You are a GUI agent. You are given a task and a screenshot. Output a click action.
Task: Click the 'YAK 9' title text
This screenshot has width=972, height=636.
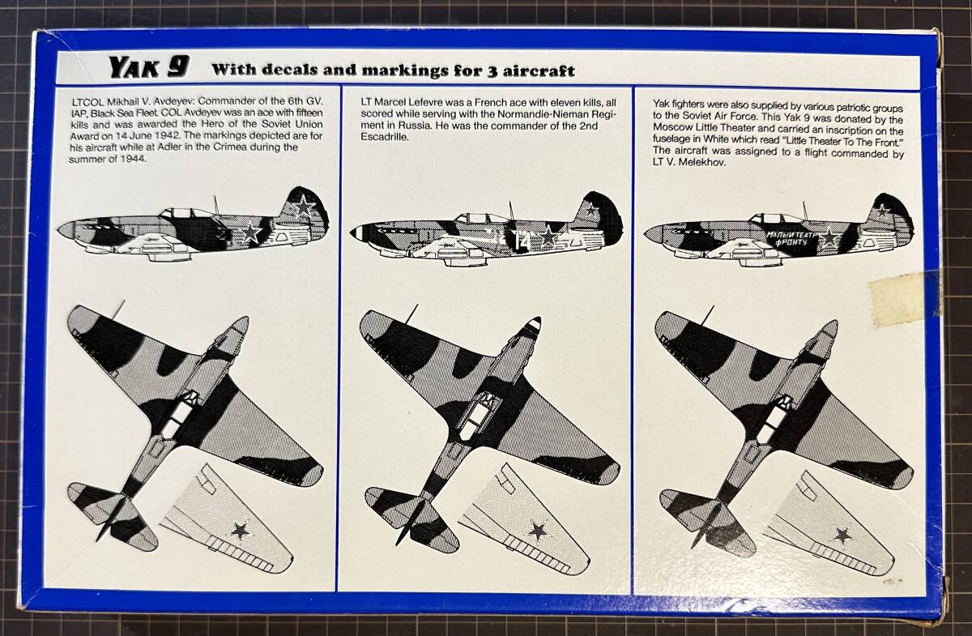coord(149,67)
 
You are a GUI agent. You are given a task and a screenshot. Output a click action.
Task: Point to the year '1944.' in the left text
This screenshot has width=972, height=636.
coord(132,159)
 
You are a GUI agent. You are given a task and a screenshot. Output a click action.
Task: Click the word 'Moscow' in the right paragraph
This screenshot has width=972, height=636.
coord(671,128)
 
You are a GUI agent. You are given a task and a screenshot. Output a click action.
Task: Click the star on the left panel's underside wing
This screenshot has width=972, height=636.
coord(240,530)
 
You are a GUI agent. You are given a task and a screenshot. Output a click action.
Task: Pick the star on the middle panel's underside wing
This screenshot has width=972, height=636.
coord(538,531)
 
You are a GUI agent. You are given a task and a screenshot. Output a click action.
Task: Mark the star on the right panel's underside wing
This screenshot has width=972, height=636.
coord(842,536)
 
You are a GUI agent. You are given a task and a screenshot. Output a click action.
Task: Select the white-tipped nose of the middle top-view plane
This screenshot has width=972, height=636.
coord(535,324)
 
